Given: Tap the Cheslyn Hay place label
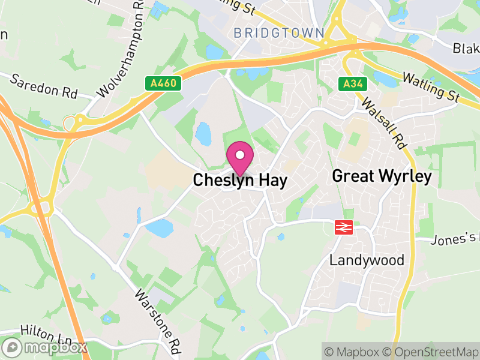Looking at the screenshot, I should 240,180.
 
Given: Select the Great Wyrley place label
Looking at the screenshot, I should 382,176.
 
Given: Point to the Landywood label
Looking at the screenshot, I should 367,260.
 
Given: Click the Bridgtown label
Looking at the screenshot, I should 279,32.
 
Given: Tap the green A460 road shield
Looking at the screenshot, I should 163,83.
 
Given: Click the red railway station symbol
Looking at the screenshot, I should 343,227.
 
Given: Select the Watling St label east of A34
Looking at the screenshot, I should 431,86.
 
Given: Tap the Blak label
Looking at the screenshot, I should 466,47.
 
